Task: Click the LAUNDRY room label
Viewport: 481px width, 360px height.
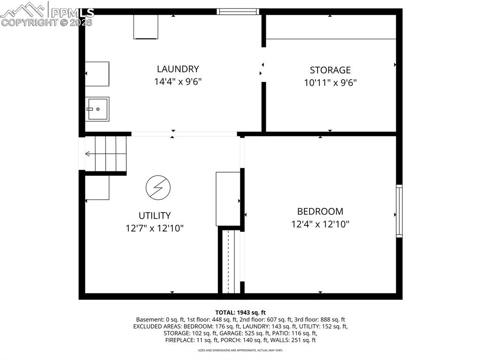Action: (x=178, y=69)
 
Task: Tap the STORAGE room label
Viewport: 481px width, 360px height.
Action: (x=330, y=70)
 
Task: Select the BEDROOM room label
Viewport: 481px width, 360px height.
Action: (x=320, y=211)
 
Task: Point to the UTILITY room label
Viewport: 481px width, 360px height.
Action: (x=155, y=215)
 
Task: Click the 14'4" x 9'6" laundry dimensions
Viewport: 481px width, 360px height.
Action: (x=178, y=82)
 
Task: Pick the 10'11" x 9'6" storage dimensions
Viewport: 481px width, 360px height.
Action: (x=330, y=83)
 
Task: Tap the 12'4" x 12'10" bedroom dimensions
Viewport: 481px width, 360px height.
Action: (x=320, y=224)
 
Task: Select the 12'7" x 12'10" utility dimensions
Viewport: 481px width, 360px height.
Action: (x=155, y=229)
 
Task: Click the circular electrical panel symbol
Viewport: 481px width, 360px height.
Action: (x=158, y=188)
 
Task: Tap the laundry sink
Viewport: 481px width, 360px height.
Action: (x=97, y=109)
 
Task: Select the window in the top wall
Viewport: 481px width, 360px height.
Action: (x=238, y=12)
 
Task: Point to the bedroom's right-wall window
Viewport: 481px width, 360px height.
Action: (x=399, y=211)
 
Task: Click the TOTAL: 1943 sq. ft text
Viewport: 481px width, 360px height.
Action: (x=240, y=313)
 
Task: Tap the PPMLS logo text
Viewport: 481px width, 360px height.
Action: (x=72, y=13)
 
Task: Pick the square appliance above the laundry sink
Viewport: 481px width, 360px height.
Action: (x=97, y=74)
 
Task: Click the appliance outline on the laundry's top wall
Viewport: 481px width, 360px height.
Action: (x=146, y=27)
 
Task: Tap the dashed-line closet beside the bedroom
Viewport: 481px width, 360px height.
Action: (x=228, y=261)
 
